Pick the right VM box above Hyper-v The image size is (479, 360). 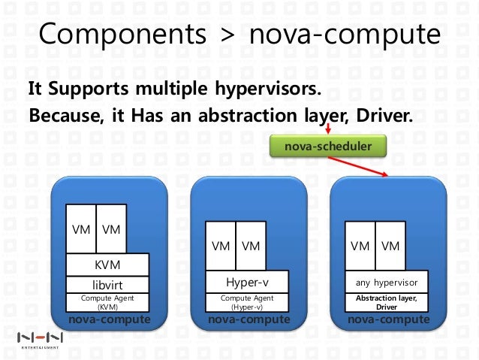[251, 246]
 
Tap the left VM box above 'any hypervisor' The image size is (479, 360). [360, 246]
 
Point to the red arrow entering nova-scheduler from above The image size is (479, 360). [327, 131]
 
